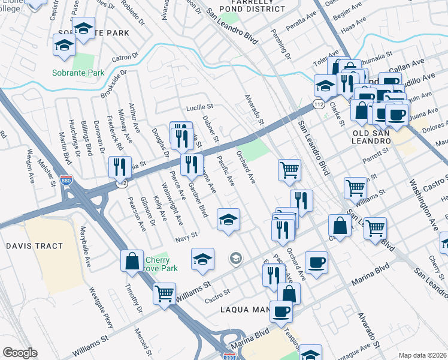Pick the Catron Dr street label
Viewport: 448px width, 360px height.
125,58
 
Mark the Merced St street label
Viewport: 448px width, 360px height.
141,340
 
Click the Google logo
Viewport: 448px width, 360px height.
20,353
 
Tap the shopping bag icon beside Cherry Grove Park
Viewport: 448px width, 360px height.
132,261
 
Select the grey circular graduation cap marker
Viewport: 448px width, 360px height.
236,259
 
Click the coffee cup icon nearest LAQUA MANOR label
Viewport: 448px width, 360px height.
281,311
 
